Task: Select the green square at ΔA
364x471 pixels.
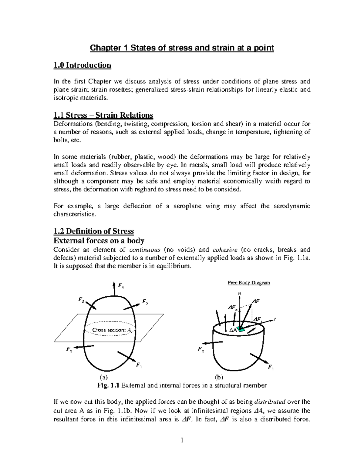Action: tap(241, 330)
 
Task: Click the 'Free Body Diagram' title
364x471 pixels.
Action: tap(249, 283)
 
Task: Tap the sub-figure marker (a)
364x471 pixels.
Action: tap(104, 377)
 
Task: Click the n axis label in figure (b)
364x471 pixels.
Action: tap(240, 293)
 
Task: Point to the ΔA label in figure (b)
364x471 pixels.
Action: tap(233, 330)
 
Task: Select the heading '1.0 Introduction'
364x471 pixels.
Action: tap(82, 65)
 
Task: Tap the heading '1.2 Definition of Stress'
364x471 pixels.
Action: tap(93, 231)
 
